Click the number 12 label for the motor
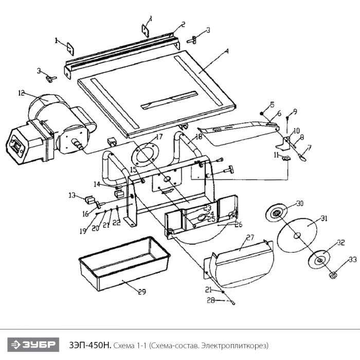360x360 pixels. point(21,93)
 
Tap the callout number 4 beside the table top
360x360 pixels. point(226,51)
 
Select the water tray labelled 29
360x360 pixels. point(123,264)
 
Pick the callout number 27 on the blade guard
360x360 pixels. point(250,238)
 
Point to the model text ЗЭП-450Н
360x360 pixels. point(89,344)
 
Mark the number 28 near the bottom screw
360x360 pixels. point(211,300)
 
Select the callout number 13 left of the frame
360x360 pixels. point(73,195)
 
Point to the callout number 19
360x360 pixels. point(82,231)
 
